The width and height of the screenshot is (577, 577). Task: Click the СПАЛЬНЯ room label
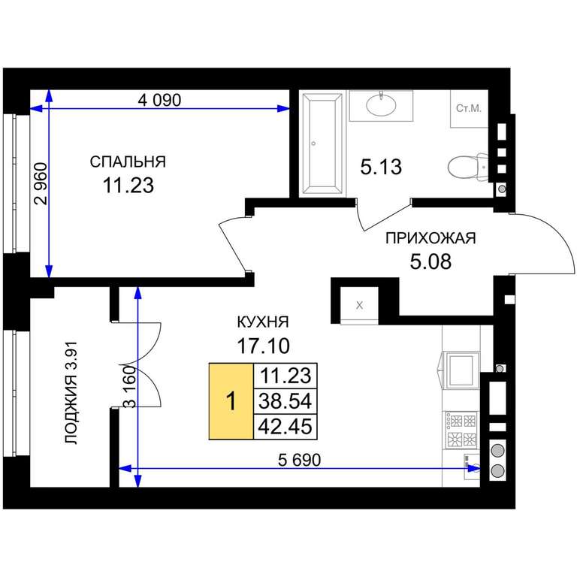point(128,162)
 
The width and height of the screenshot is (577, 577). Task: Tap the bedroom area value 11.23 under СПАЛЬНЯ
point(128,185)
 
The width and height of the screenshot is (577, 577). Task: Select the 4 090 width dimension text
point(159,100)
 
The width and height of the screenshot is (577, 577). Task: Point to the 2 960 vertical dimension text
point(41,183)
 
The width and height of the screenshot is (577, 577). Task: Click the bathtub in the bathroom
point(322,143)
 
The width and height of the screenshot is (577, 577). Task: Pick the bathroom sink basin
point(381,104)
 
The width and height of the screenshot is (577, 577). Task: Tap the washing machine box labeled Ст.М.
point(469,108)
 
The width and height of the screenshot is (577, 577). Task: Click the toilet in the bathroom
point(468,167)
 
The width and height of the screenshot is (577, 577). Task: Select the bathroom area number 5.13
point(381,167)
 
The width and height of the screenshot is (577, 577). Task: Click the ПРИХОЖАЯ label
point(430,238)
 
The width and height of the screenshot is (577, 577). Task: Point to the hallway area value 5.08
point(430,262)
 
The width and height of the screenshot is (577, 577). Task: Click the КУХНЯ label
point(263,322)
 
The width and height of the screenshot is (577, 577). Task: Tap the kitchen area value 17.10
point(263,346)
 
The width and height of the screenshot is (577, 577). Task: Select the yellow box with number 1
point(231,401)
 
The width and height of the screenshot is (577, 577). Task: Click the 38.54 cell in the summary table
point(285,400)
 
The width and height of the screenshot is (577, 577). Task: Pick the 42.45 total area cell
point(285,427)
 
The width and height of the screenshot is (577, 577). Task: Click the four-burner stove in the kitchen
point(461,430)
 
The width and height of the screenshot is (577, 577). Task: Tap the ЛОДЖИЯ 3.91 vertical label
point(71,393)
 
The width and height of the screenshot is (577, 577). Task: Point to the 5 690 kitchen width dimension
point(299,460)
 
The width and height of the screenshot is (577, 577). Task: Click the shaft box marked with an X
point(360,306)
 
